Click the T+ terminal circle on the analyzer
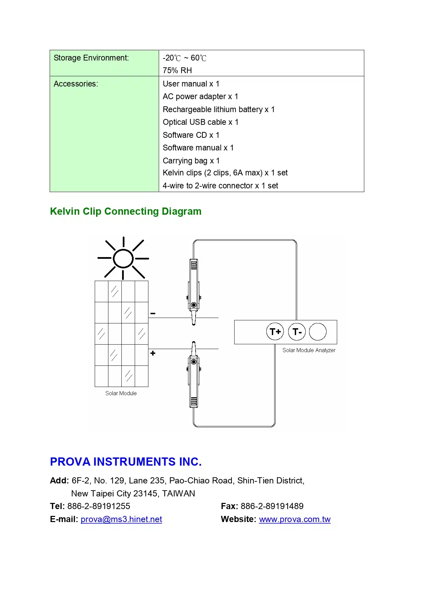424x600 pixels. click(275, 332)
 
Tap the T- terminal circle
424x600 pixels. click(297, 332)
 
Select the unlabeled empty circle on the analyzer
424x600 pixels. click(318, 332)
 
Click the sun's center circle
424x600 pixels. click(123, 258)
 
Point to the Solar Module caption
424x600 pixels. click(121, 393)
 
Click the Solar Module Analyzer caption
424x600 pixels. click(309, 350)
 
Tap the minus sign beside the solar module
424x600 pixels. click(153, 314)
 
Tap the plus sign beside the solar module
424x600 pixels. click(153, 353)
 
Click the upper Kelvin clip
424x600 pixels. click(194, 291)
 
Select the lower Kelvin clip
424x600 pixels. click(194, 376)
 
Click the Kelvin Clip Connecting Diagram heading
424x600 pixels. click(125, 211)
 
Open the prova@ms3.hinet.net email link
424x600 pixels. click(121, 519)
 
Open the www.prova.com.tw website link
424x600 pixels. click(295, 519)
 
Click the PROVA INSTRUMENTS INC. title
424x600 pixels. click(125, 462)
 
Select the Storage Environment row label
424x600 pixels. click(91, 58)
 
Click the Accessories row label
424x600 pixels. click(76, 84)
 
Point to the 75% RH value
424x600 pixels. click(177, 70)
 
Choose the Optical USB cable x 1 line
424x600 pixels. click(200, 122)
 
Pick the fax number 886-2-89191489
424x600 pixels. click(272, 506)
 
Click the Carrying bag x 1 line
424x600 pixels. click(191, 161)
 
